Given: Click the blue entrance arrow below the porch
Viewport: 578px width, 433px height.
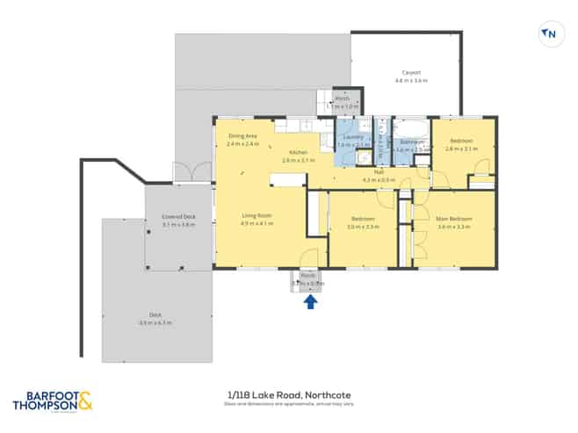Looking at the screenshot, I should pos(310,302).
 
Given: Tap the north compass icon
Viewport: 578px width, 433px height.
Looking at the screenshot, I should pos(549,34).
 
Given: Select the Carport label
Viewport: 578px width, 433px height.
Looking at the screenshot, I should pos(411,72).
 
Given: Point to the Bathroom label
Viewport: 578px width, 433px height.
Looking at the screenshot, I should pos(412,141).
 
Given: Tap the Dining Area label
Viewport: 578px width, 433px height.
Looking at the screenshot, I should pos(242,136).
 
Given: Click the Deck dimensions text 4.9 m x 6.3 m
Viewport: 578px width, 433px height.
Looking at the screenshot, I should pos(154,323).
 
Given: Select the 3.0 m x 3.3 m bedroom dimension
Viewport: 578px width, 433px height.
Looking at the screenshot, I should pos(362,227).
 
